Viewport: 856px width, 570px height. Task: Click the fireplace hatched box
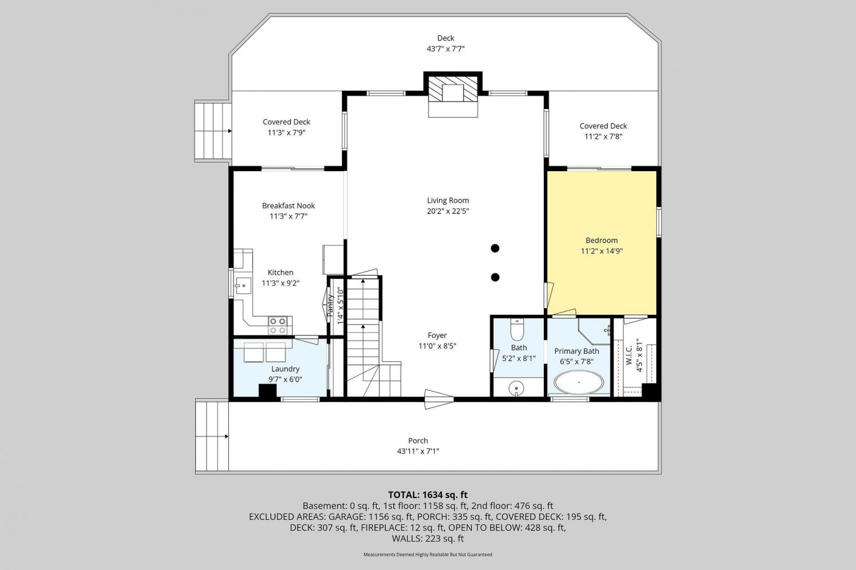(x=453, y=89)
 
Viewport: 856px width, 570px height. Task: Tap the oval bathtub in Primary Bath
(x=579, y=382)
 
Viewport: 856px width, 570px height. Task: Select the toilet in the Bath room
(x=516, y=330)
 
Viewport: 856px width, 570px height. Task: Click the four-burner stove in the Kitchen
(x=278, y=325)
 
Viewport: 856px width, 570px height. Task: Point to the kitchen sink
(x=243, y=286)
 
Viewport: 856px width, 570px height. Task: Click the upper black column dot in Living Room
(x=495, y=248)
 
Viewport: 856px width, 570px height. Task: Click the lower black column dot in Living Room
(x=495, y=277)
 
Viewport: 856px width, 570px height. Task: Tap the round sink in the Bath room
(x=516, y=388)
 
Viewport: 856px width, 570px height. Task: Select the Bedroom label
(x=601, y=240)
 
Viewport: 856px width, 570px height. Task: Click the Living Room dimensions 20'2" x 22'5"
(x=448, y=211)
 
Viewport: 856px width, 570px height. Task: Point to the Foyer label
(x=437, y=335)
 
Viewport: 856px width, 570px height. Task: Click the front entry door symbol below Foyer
(x=439, y=399)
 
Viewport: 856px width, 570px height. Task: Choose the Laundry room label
(x=285, y=369)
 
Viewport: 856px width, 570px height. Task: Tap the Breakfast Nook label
(x=289, y=205)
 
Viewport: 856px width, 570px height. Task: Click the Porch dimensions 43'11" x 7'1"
(x=418, y=451)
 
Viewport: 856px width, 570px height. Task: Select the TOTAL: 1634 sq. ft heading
(x=428, y=495)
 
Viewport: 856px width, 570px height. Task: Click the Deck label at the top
(x=446, y=38)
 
